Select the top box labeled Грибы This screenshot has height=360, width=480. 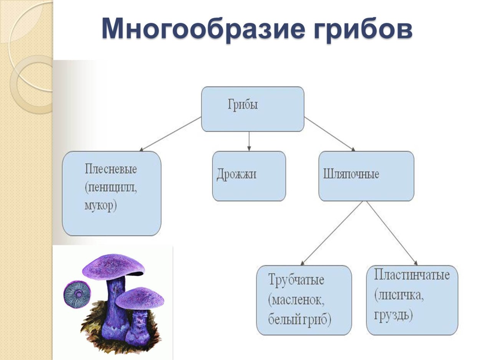252,109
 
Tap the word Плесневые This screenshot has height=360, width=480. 111,169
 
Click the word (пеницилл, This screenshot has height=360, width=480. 111,187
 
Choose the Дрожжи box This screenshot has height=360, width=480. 249,176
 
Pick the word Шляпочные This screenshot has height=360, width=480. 351,175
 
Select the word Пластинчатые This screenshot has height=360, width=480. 412,276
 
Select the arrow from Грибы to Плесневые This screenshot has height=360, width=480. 171,134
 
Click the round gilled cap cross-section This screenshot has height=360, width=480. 77,294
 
